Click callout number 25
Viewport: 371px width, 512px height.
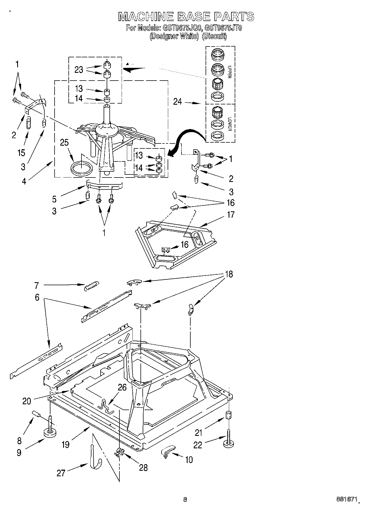pyautogui.click(x=64, y=142)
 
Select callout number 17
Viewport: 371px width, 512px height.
pyautogui.click(x=230, y=215)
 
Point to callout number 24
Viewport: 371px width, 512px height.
pyautogui.click(x=178, y=102)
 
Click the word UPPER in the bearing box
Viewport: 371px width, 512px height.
pyautogui.click(x=229, y=72)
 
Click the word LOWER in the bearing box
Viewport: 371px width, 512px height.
pyautogui.click(x=229, y=124)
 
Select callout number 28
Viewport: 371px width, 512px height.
pyautogui.click(x=143, y=468)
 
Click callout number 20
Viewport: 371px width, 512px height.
pyautogui.click(x=27, y=401)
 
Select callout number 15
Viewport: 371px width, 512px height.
pyautogui.click(x=21, y=153)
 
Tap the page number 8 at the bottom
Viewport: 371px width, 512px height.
pyautogui.click(x=185, y=500)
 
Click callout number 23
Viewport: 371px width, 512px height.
pyautogui.click(x=79, y=70)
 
